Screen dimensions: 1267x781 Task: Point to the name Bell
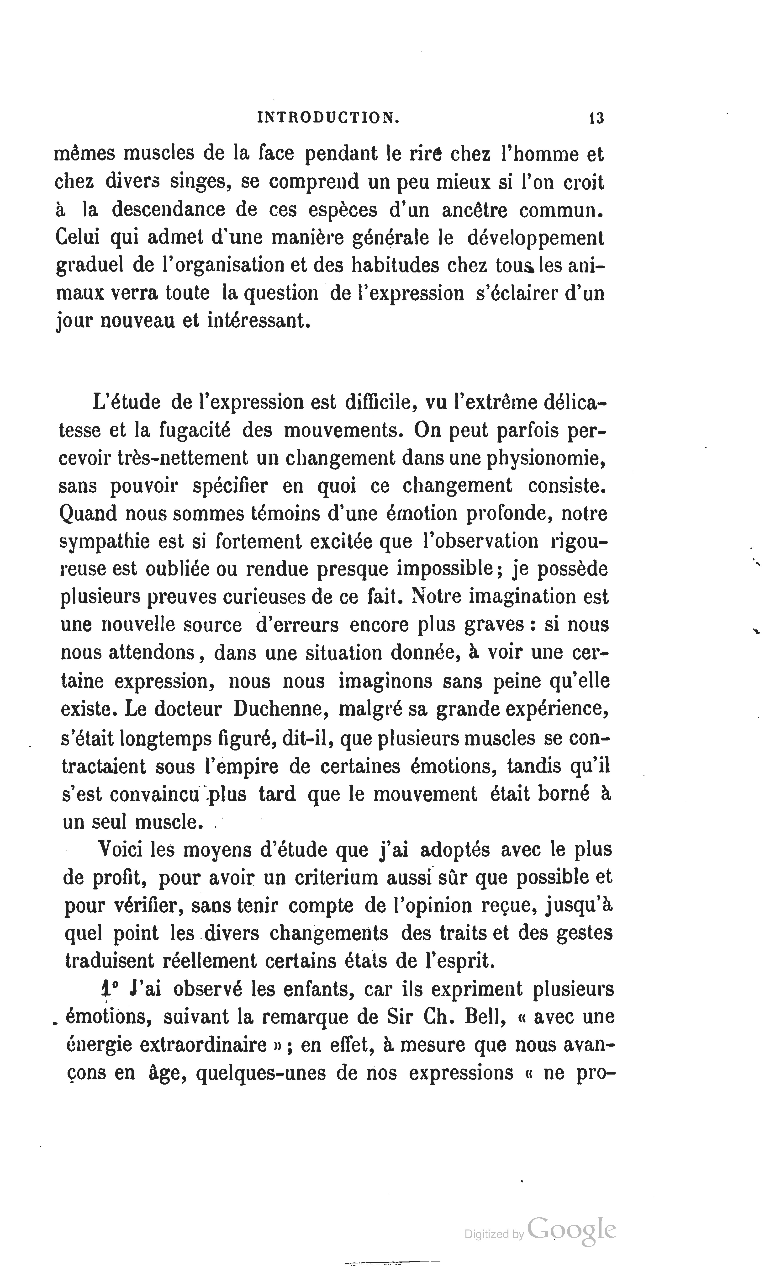(x=484, y=1016)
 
